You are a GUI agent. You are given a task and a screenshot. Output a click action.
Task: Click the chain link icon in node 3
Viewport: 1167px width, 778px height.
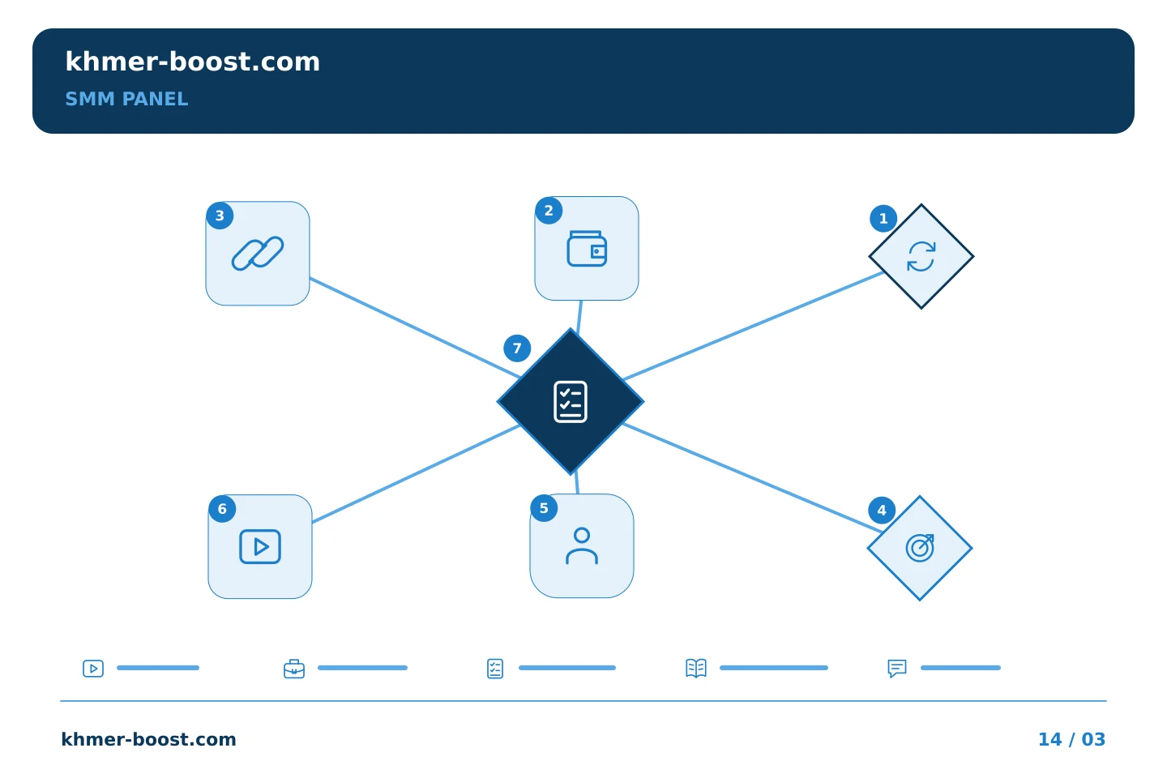(258, 253)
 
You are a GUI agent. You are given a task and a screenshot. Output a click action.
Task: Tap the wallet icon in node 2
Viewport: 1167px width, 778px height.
(587, 249)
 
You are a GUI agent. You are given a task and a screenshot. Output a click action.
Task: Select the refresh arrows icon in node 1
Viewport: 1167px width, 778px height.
(921, 256)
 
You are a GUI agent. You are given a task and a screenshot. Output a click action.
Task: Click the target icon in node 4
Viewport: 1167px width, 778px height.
(920, 548)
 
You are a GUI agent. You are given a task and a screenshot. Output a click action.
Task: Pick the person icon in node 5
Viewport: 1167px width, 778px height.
(581, 545)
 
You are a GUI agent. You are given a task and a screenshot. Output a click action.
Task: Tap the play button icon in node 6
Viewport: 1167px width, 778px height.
(260, 547)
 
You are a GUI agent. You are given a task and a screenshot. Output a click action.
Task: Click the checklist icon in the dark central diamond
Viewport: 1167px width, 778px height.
(571, 402)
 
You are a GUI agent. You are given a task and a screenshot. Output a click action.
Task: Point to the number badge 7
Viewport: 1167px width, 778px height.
(517, 348)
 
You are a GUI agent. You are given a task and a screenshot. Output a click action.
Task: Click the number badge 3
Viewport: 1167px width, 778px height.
(220, 216)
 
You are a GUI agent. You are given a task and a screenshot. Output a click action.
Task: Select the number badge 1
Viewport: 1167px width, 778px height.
(883, 218)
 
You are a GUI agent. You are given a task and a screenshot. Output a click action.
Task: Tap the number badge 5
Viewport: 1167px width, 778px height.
(543, 508)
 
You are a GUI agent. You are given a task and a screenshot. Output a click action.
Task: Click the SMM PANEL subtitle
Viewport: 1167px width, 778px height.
(126, 99)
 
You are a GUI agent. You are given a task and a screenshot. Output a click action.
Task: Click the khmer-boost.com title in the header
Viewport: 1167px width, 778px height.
(192, 62)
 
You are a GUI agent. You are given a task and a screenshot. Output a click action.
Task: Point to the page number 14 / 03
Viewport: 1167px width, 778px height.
(1071, 739)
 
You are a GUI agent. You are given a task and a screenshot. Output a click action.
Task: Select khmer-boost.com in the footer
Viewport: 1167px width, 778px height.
(148, 739)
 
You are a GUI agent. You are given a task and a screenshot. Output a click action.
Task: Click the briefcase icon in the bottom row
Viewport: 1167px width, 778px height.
(294, 669)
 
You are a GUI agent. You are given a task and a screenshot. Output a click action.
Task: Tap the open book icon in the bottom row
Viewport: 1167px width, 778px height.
(696, 668)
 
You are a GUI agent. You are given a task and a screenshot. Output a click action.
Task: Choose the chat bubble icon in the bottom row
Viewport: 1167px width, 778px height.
(896, 669)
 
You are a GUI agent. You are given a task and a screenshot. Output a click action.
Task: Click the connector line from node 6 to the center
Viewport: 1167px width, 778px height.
(416, 473)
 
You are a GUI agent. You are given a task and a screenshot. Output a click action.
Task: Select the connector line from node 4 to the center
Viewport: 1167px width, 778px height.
(753, 478)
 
